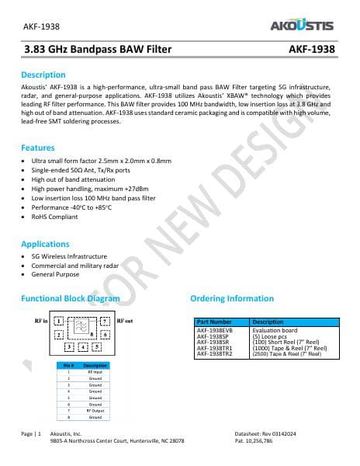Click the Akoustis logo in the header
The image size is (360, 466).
click(x=303, y=25)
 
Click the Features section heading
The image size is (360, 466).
click(x=37, y=147)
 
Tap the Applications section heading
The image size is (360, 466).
click(x=45, y=243)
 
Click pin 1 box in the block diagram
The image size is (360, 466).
click(x=59, y=321)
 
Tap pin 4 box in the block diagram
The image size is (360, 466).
click(x=83, y=346)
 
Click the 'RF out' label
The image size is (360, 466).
click(x=124, y=320)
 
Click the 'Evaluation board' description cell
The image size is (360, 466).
click(x=272, y=329)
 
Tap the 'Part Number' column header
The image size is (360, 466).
click(x=214, y=322)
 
